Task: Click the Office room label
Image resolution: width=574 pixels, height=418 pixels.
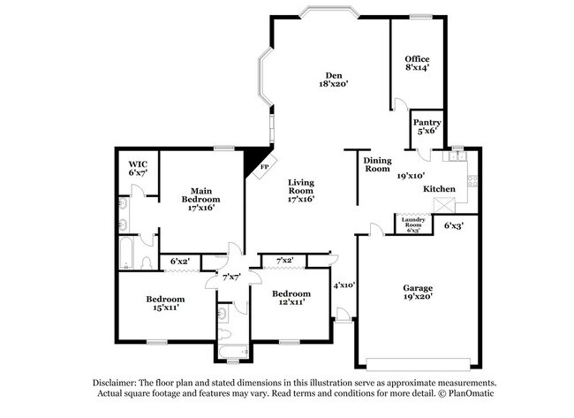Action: click(x=418, y=59)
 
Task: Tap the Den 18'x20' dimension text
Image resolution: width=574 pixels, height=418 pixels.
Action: click(x=335, y=85)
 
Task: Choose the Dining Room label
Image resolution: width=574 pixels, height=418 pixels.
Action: click(x=377, y=164)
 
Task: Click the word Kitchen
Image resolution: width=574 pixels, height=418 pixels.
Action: click(x=439, y=189)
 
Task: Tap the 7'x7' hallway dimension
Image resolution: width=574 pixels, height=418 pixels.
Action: click(x=231, y=277)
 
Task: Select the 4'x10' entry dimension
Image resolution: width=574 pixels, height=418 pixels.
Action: click(x=344, y=285)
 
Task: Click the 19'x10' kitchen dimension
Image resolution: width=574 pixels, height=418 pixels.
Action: click(x=412, y=175)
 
